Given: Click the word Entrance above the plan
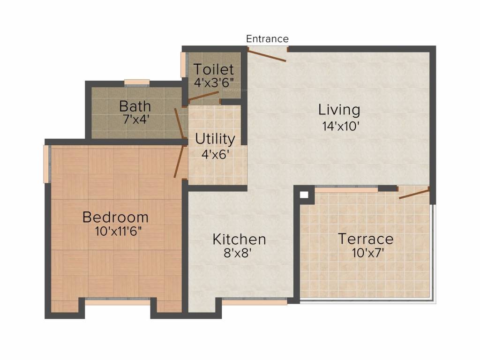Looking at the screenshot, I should click(x=267, y=38).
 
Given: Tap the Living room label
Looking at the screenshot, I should click(x=339, y=110).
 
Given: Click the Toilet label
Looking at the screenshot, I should click(x=214, y=69).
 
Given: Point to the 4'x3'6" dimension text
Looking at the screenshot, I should click(x=214, y=82).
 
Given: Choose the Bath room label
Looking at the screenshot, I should click(x=135, y=105).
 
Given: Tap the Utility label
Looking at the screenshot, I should click(x=215, y=139).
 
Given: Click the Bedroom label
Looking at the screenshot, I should click(x=115, y=217).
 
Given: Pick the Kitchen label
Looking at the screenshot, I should click(x=239, y=239).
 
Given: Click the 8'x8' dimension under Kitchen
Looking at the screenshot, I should click(x=239, y=253).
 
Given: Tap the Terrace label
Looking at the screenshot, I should click(x=366, y=239).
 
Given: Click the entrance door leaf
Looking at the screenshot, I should click(x=267, y=56).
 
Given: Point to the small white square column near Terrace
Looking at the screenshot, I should click(x=304, y=194).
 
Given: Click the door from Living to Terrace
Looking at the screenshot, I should click(x=414, y=193).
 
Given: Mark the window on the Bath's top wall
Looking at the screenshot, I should click(x=137, y=83).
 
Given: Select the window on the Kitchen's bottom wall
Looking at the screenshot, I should click(x=254, y=302).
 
